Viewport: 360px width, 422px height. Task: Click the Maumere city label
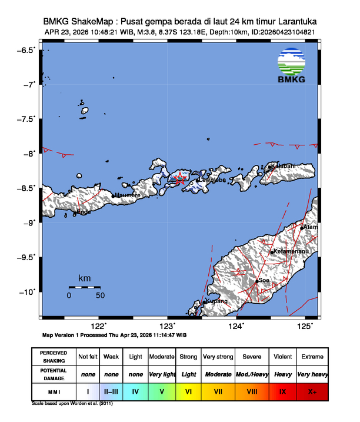[128, 195]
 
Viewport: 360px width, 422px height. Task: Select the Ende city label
[84, 211]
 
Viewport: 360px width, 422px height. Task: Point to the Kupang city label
[215, 301]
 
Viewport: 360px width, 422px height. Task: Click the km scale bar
[84, 287]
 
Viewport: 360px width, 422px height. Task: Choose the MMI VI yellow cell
[188, 390]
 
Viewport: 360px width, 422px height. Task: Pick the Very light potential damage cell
[162, 374]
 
